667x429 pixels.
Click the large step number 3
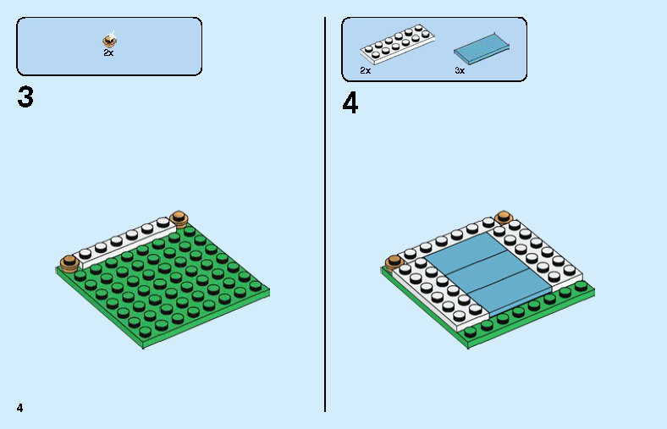25,97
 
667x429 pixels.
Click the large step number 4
350,103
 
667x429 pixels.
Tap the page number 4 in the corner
20,408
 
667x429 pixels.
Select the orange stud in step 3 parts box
110,40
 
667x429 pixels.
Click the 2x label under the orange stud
108,52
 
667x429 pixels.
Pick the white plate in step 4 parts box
397,44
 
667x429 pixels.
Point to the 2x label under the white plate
365,70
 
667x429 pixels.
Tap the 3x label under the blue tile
460,70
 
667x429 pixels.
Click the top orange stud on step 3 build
179,219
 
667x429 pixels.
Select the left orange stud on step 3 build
69,263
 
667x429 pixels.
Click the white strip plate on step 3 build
124,243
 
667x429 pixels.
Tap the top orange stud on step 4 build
504,217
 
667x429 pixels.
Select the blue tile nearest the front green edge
510,294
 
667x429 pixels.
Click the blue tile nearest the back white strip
466,251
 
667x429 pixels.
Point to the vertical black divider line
325,214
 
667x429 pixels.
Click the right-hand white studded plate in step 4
535,254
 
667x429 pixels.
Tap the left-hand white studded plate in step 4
439,294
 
